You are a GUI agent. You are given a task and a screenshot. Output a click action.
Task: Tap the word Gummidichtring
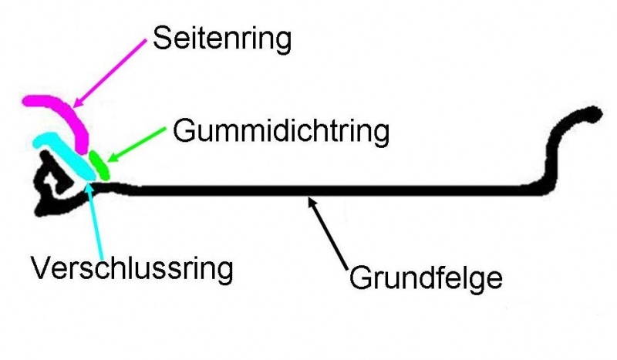[281, 131]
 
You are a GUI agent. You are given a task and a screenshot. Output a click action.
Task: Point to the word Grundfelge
[426, 277]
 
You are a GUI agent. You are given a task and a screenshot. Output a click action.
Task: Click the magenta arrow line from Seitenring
[112, 70]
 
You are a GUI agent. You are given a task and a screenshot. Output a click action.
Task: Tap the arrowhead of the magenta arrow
[77, 103]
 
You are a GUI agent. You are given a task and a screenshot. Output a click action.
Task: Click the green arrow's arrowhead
[110, 158]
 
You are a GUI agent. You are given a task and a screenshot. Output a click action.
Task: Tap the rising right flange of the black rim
[554, 154]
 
